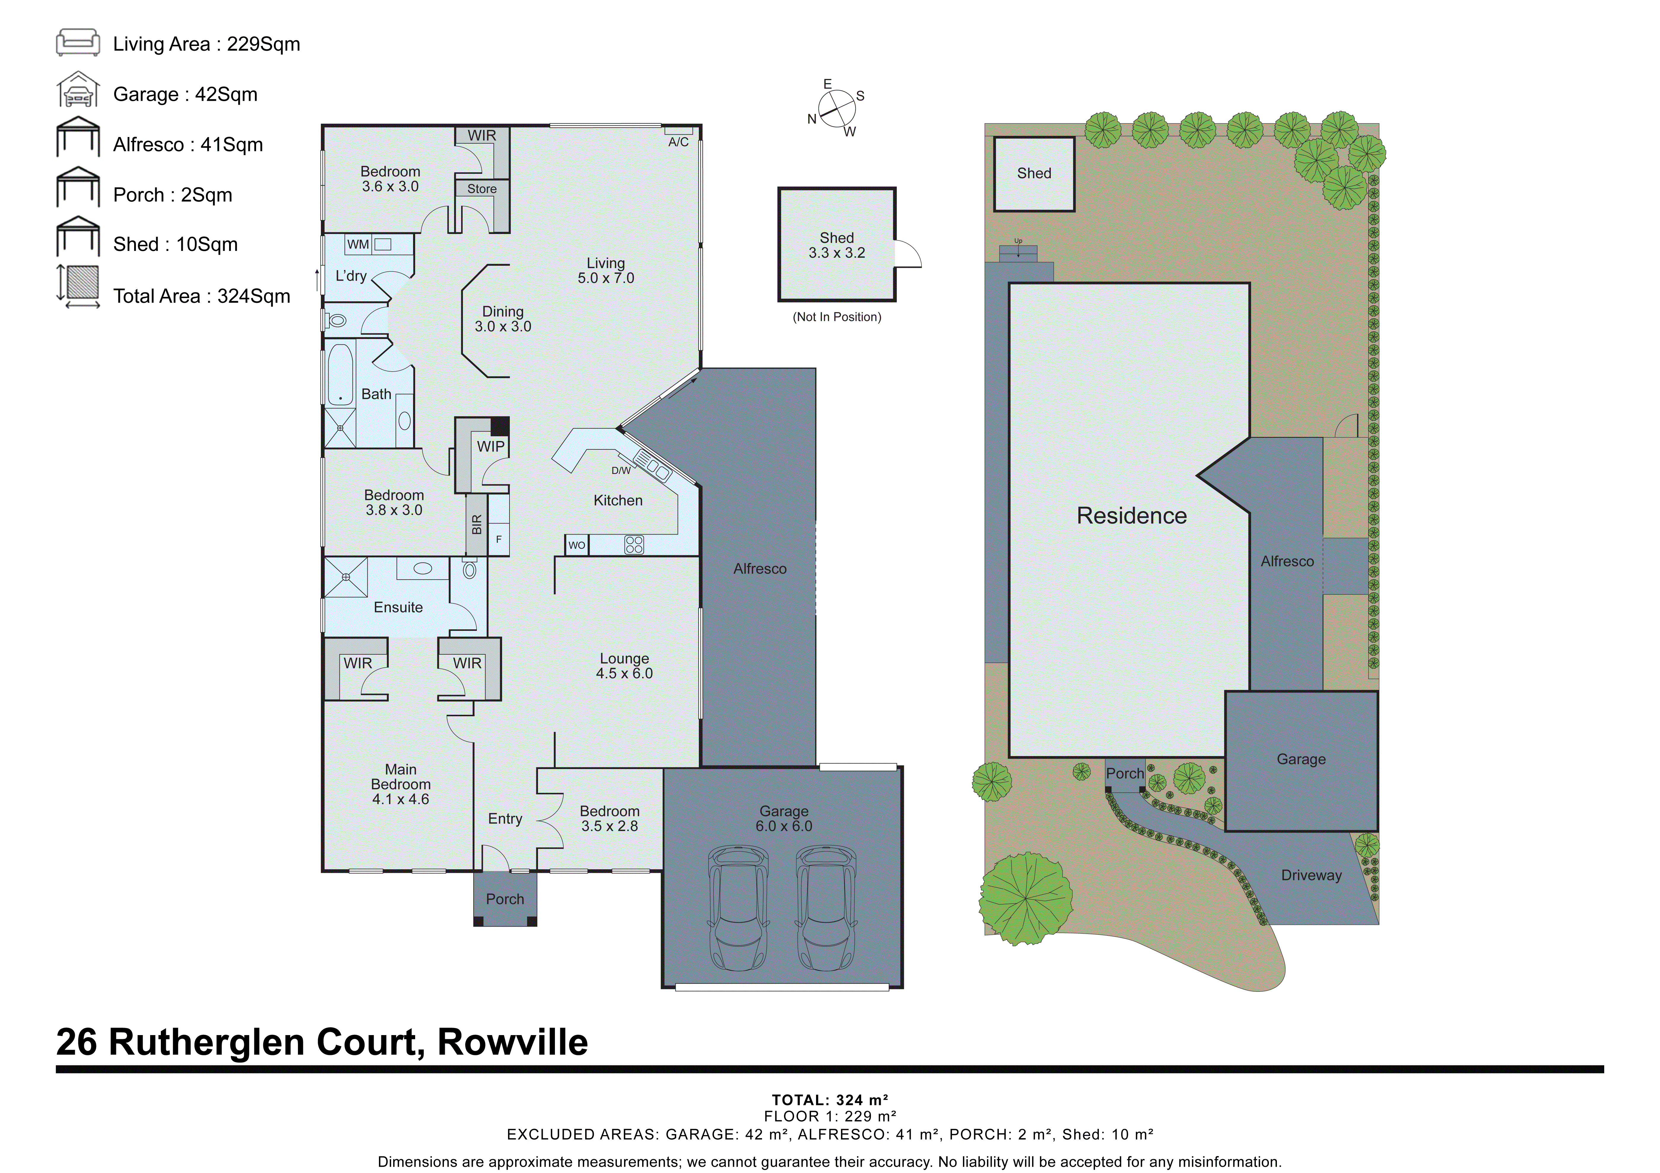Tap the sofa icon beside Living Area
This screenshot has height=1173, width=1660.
pyautogui.click(x=78, y=43)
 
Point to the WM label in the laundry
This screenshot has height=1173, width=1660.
pyautogui.click(x=358, y=244)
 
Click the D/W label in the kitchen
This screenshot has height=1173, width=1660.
pyautogui.click(x=620, y=470)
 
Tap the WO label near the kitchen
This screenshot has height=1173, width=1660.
pyautogui.click(x=576, y=545)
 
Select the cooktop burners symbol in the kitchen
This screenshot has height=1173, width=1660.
pyautogui.click(x=634, y=544)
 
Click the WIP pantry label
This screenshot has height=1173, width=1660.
pyautogui.click(x=490, y=447)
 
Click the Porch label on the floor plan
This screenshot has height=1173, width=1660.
pyautogui.click(x=505, y=899)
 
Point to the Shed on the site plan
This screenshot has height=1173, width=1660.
pyautogui.click(x=1034, y=174)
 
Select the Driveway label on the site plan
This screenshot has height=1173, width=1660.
pyautogui.click(x=1311, y=875)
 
